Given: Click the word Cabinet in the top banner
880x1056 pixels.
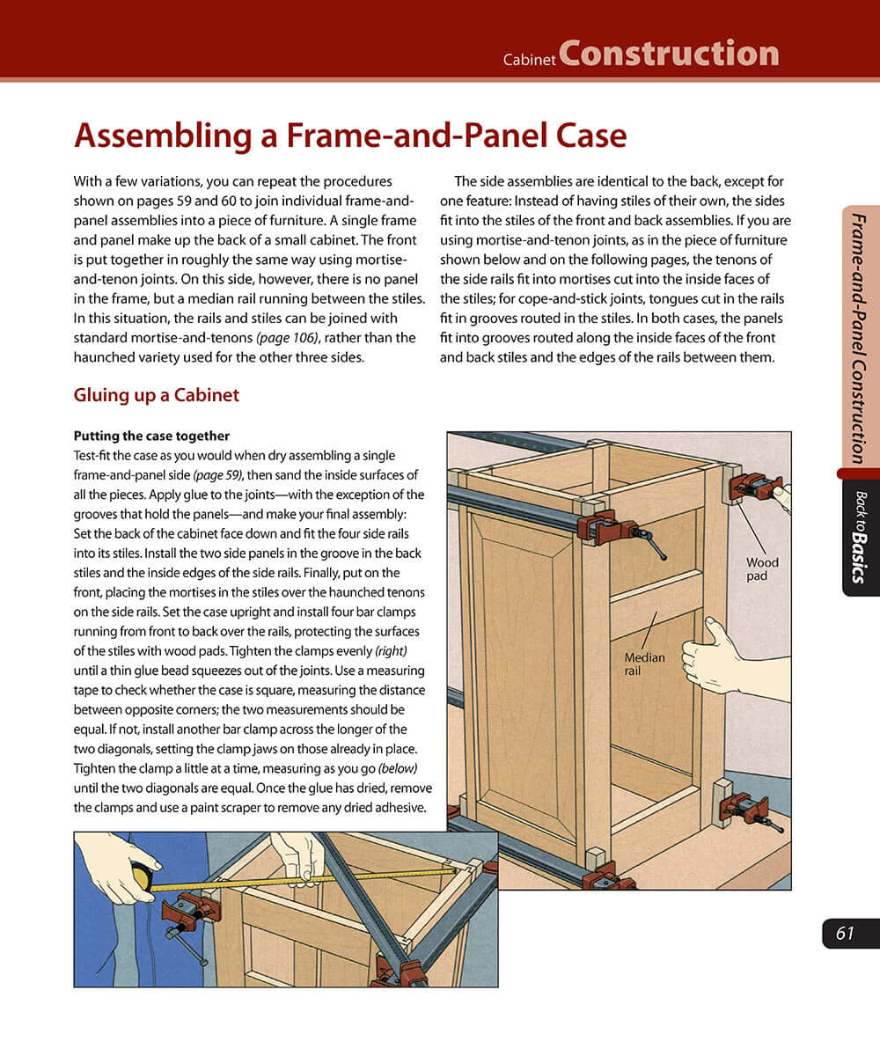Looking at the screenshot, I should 529,61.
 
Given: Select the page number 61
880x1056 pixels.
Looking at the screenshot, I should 846,934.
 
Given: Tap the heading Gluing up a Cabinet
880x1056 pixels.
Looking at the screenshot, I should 157,395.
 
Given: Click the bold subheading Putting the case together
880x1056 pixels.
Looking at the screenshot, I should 151,436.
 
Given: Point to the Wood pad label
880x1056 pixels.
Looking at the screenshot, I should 762,568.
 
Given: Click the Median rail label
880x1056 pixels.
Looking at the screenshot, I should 644,664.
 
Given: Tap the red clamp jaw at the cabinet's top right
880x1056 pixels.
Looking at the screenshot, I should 752,487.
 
